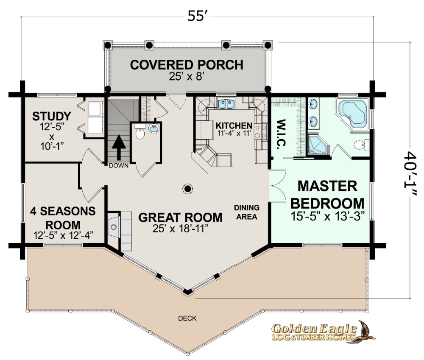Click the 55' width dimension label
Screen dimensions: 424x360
[197, 16]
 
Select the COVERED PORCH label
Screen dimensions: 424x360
[187, 65]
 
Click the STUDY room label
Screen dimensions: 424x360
[52, 116]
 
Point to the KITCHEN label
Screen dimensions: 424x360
[234, 126]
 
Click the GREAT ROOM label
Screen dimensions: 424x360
[180, 218]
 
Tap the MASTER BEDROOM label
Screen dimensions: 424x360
[327, 195]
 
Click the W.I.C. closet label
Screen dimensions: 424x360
[281, 133]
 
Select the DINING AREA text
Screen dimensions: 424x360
[247, 212]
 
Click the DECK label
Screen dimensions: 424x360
[187, 318]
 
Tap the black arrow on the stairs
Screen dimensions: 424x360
[119, 148]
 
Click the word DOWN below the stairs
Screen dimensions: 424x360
[119, 165]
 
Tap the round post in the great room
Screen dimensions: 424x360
[187, 189]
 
